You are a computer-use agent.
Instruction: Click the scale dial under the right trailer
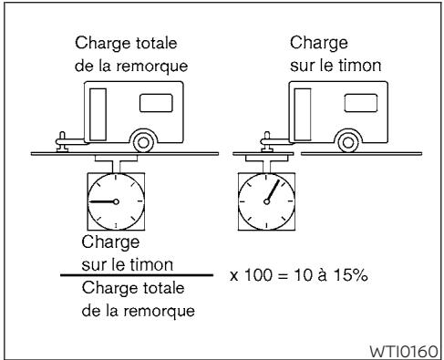click(x=266, y=201)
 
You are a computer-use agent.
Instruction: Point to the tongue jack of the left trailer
click(x=63, y=139)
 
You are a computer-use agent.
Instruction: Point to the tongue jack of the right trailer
click(x=265, y=140)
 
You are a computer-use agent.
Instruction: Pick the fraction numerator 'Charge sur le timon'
click(x=117, y=253)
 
